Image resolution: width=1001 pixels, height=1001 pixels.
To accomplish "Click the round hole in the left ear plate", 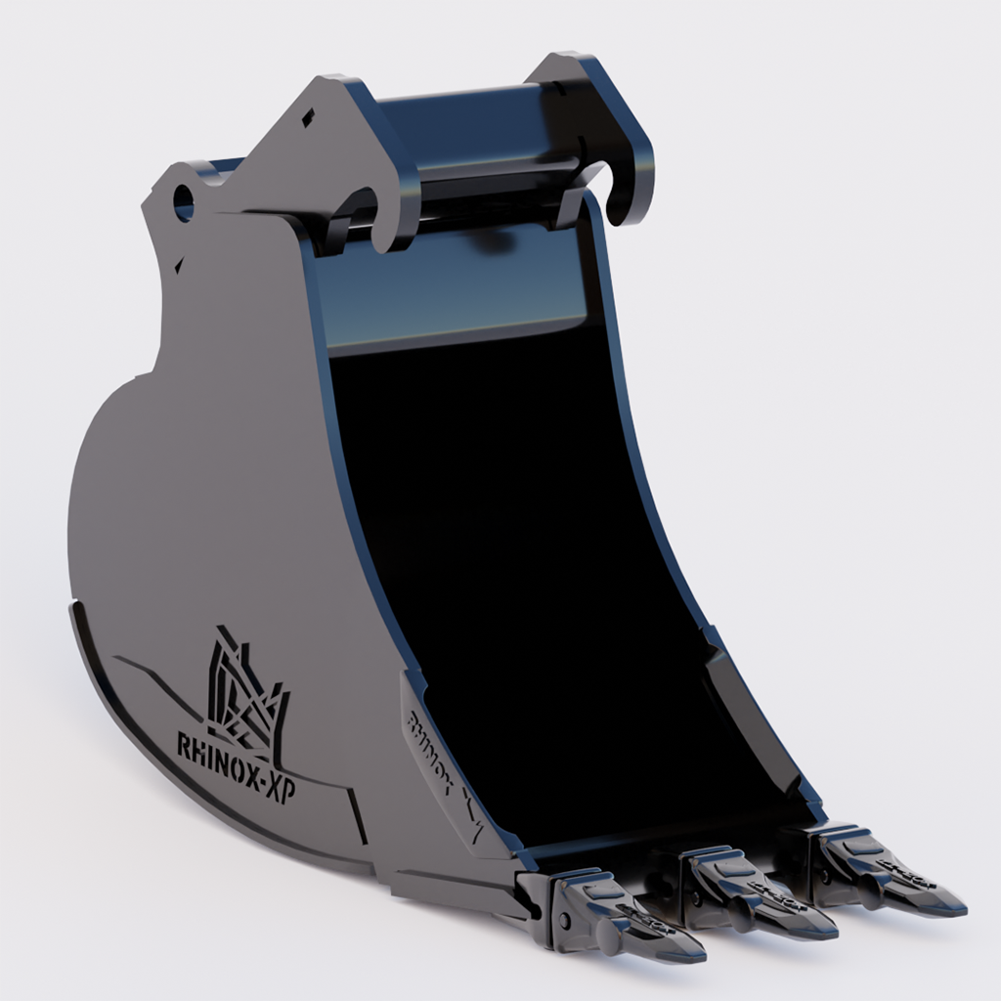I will pyautogui.click(x=183, y=202).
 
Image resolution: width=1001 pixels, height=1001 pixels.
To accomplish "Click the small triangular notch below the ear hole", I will pyautogui.click(x=179, y=262).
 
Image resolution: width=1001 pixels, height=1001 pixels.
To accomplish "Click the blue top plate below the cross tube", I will pyautogui.click(x=450, y=293).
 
